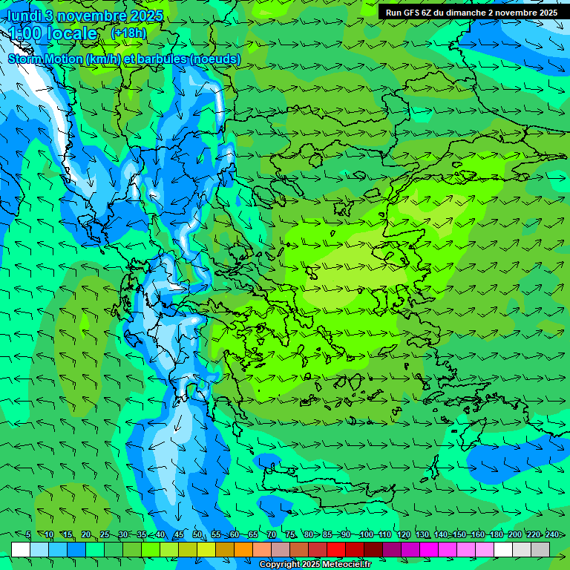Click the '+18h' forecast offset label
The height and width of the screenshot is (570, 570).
128,33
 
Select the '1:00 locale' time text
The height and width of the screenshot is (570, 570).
53,33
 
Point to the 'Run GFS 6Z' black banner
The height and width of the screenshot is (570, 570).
472,13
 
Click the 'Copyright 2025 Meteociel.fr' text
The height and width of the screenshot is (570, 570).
315,565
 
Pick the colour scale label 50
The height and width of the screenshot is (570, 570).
197,535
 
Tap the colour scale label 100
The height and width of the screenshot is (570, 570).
366,535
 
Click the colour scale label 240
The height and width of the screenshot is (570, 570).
552,535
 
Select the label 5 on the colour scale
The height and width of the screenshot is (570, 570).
28,535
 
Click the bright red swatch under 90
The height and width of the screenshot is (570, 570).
336,549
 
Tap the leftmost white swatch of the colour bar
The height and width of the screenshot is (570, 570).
21,549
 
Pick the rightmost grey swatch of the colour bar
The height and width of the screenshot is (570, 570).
540,549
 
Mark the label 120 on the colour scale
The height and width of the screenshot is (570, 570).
403,535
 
